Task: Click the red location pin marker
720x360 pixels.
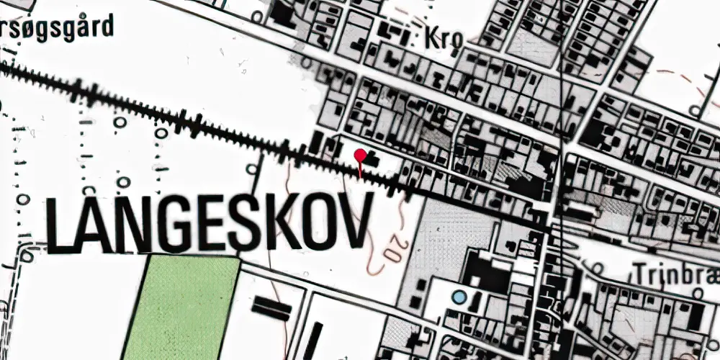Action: pyautogui.click(x=360, y=156)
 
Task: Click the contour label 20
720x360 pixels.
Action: pyautogui.click(x=391, y=251)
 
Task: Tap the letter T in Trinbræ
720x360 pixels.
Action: pyautogui.click(x=640, y=272)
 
